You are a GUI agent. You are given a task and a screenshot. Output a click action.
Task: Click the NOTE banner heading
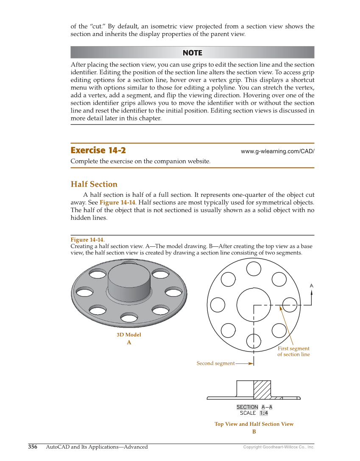(x=193, y=53)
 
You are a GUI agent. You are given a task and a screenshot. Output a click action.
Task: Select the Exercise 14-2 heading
(x=98, y=151)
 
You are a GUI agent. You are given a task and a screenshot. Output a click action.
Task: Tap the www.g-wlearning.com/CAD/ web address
(x=277, y=151)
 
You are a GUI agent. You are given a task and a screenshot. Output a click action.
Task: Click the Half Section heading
(x=94, y=184)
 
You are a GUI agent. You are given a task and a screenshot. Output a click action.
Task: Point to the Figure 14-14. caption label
(x=87, y=240)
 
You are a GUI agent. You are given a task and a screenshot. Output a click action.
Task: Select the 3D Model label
(x=129, y=335)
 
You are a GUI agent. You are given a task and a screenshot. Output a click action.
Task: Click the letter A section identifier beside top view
(x=312, y=286)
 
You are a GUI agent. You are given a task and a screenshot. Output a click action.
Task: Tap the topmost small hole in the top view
(x=254, y=268)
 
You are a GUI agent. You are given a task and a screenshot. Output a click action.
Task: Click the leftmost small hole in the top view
(x=218, y=305)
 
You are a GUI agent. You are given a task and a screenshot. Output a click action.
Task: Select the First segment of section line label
(x=293, y=352)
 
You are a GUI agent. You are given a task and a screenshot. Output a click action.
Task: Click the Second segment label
(x=215, y=363)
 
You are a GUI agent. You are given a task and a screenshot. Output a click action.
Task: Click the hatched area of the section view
(x=262, y=389)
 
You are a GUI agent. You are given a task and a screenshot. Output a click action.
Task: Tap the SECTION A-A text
(x=254, y=407)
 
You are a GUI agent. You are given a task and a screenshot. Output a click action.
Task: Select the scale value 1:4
(x=264, y=413)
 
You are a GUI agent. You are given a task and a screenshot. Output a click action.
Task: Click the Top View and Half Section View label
(x=254, y=424)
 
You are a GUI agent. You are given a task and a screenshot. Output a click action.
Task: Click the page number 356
(x=33, y=447)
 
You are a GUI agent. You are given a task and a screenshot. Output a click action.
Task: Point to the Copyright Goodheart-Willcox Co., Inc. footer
(x=279, y=447)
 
